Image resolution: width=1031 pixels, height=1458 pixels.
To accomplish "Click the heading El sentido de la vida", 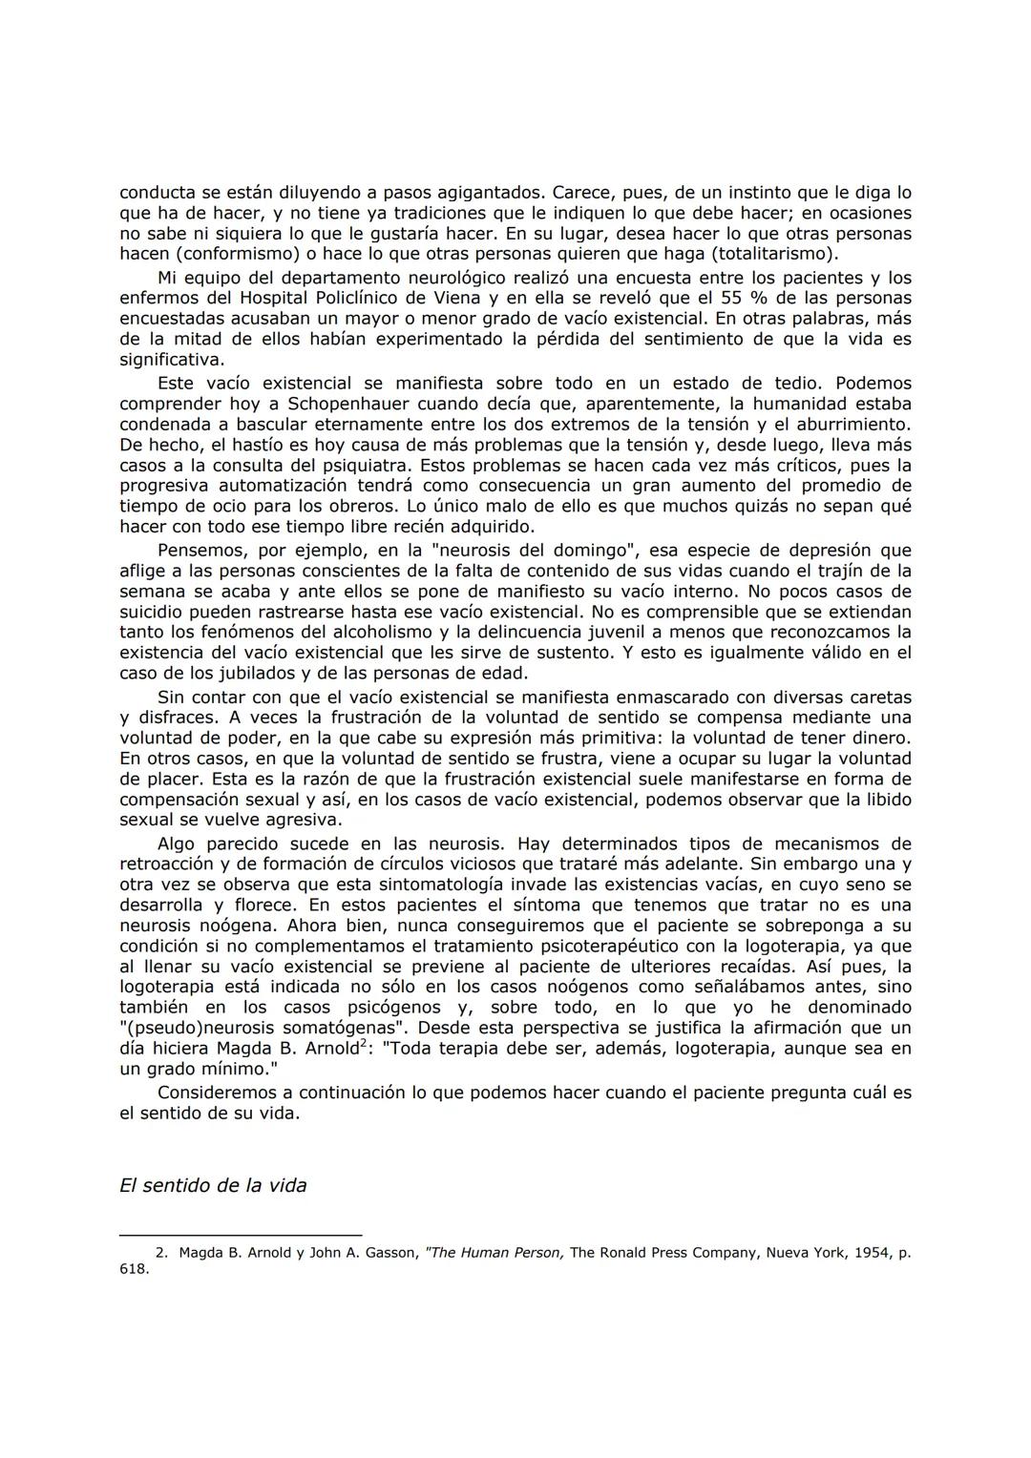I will (213, 1186).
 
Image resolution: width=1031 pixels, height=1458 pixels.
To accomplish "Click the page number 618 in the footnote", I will (134, 1269).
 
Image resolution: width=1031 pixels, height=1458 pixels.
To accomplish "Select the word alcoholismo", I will (380, 633).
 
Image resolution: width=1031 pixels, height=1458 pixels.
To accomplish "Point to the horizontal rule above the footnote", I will (241, 1236).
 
